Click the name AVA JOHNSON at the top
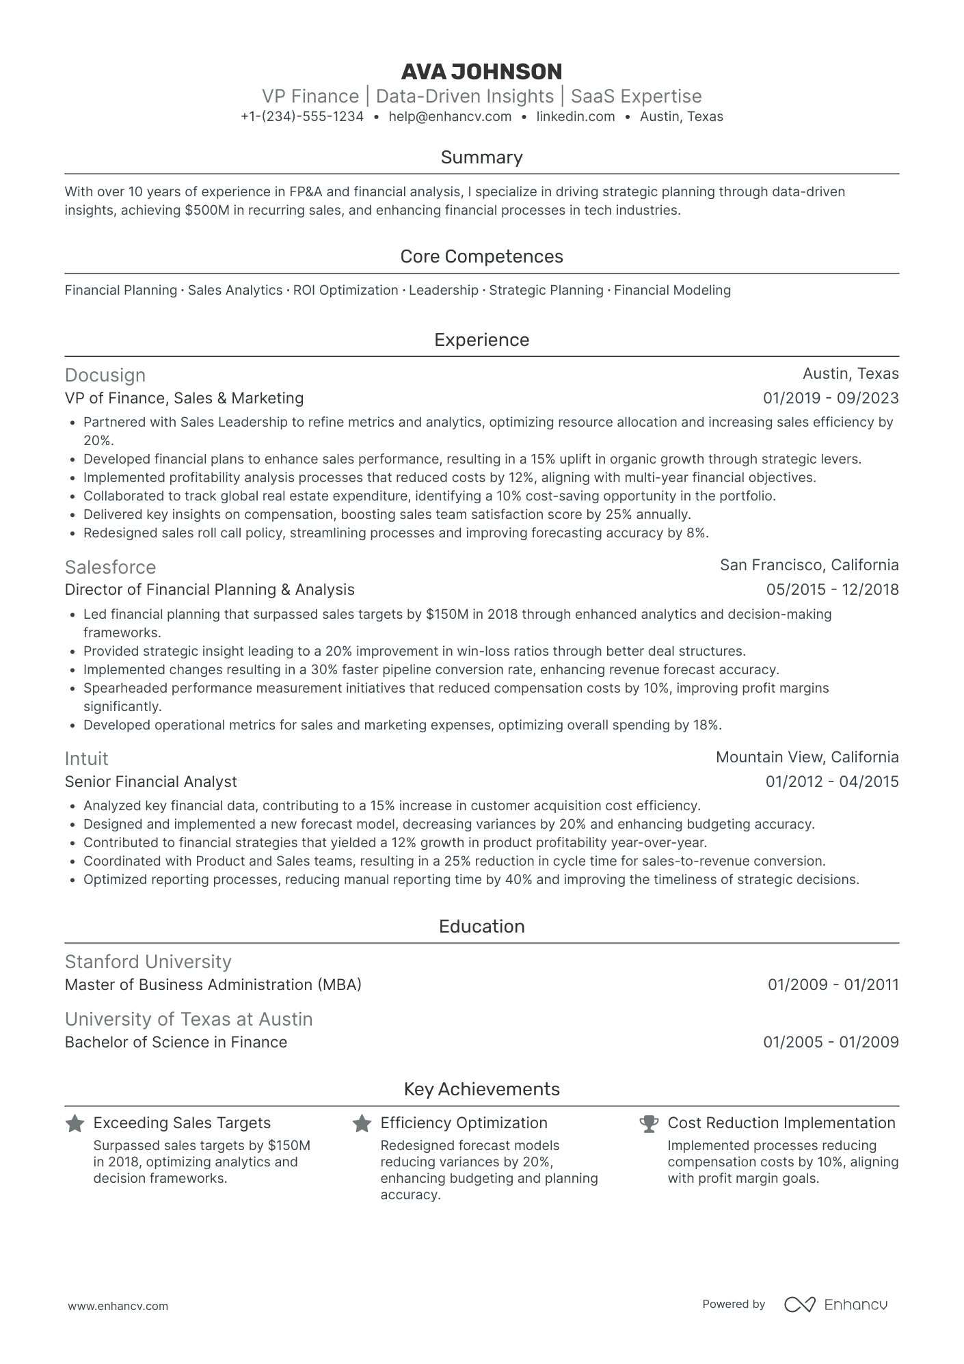tap(481, 72)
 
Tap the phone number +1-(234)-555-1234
tap(302, 117)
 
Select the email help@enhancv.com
tap(450, 117)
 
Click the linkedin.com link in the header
tap(576, 117)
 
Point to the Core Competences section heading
tap(481, 256)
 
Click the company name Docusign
tap(105, 375)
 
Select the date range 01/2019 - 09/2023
tap(831, 398)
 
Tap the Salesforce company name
tap(110, 567)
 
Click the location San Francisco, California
tap(809, 565)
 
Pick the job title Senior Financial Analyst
tap(150, 781)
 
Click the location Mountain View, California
tap(807, 757)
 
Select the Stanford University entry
tap(148, 962)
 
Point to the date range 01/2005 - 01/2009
tap(831, 1042)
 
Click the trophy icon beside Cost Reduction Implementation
tap(648, 1123)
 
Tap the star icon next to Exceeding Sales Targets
tap(75, 1123)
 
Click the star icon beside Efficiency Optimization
tap(362, 1123)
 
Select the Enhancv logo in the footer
tap(835, 1305)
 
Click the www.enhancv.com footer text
tap(118, 1306)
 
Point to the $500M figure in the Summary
tap(206, 211)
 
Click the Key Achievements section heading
tap(481, 1089)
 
